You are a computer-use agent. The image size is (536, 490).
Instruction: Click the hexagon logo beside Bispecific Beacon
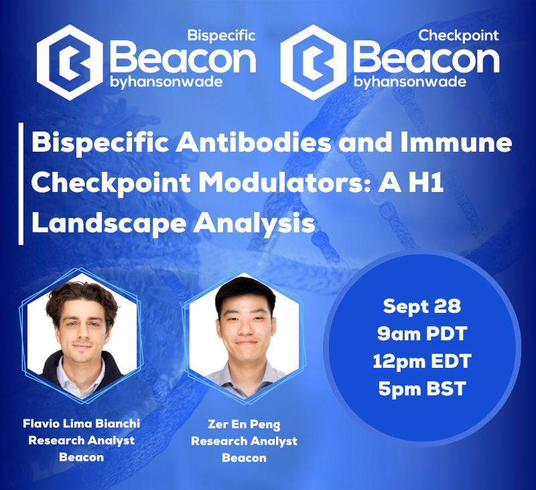point(70,62)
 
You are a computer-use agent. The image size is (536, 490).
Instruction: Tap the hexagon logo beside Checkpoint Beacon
point(314,62)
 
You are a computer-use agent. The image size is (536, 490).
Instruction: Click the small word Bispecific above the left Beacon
point(222,36)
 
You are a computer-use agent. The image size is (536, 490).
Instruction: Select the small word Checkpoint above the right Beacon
point(458,36)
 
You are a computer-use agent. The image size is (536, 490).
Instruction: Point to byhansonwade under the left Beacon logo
point(166,83)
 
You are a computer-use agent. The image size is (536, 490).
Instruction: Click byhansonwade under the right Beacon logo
point(410,83)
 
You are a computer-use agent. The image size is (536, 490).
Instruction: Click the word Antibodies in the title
point(253,143)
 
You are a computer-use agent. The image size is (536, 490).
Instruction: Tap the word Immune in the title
point(456,143)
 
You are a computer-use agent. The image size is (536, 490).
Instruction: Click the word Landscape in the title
point(109,224)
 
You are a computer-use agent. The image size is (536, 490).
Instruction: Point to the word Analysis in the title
point(255,224)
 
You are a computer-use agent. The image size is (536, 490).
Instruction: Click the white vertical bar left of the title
point(21,184)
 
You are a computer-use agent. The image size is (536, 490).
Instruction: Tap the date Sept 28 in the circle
point(422,306)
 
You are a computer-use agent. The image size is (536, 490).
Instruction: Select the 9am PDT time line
point(422,334)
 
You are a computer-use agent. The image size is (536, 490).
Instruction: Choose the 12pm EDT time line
point(422,361)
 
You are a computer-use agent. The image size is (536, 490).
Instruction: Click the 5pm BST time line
point(422,389)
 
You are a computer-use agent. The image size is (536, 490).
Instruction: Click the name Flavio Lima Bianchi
point(81,424)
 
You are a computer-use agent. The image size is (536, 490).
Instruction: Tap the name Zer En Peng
point(244,424)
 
